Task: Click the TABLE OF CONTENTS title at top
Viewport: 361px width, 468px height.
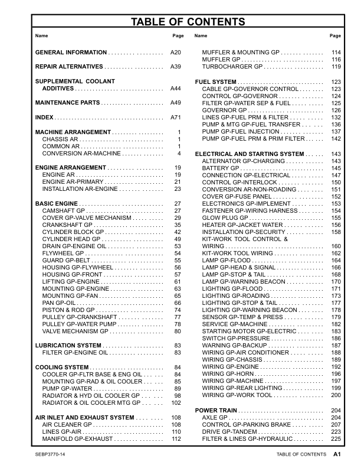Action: pos(180,22)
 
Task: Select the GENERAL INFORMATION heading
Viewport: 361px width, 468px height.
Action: pos(71,53)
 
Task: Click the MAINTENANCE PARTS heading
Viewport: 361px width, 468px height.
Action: pos(67,103)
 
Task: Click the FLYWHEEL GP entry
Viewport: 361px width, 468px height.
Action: pos(64,253)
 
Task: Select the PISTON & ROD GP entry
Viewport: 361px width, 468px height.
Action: pos(68,310)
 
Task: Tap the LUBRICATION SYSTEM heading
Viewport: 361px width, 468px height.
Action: pos(68,345)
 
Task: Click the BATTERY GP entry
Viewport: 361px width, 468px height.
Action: pos(219,168)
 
